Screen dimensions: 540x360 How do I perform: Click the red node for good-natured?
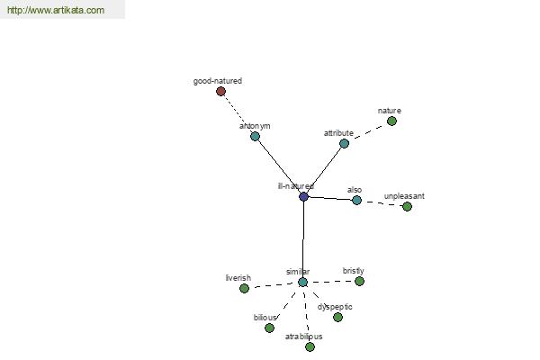coord(220,91)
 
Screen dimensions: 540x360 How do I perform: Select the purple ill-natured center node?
coord(303,197)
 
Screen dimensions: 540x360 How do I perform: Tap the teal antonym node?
coord(255,137)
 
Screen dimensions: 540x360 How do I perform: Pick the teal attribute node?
coord(344,143)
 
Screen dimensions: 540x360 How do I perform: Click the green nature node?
coord(391,121)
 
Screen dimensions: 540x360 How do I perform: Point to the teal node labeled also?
coord(356,200)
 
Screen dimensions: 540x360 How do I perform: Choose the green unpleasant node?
coord(407,206)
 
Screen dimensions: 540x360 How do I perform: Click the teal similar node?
coord(302,282)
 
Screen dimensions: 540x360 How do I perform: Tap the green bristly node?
coord(359,281)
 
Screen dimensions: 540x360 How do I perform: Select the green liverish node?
coord(244,288)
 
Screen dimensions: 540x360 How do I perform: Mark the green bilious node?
coord(269,328)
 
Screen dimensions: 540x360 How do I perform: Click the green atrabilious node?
coord(310,346)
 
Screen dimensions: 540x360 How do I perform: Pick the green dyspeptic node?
coord(337,317)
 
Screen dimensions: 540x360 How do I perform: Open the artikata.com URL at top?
coord(56,10)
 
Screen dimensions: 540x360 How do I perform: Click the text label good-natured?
coord(218,81)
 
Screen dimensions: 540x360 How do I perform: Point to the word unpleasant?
coord(404,196)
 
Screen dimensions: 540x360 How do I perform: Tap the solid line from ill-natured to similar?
coord(303,239)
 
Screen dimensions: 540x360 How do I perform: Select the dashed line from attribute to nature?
coord(368,132)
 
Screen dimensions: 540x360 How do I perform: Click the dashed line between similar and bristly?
coord(331,282)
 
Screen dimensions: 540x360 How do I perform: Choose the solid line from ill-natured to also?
coord(330,198)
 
